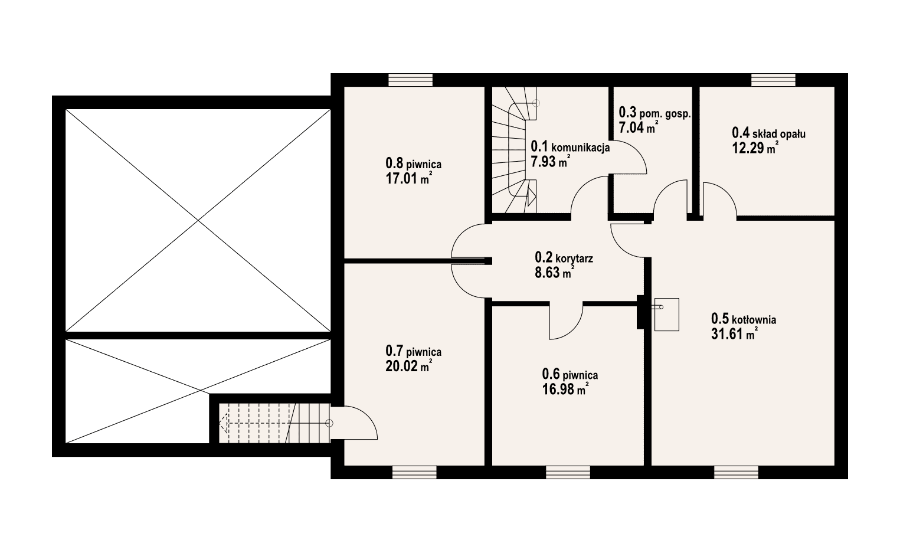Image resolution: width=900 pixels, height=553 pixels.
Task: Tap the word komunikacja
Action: coord(581,147)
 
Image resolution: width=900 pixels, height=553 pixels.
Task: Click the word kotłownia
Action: coord(754,320)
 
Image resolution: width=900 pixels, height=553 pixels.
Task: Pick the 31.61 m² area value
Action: coord(735,333)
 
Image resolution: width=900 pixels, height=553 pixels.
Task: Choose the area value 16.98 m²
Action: coord(566,389)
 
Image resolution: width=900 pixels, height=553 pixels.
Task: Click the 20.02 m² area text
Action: coord(409,366)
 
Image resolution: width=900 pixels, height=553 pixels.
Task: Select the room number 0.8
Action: coord(394,163)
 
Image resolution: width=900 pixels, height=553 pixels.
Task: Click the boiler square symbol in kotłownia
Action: coord(666,315)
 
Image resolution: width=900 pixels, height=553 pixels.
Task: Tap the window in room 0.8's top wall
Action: coord(410,80)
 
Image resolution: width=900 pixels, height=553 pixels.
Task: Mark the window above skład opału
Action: coord(774,80)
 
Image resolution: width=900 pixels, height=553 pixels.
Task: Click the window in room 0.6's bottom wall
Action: coord(568,472)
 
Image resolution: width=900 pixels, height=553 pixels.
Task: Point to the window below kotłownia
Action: coord(737,472)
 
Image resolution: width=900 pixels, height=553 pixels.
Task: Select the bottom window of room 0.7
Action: coord(414,472)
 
